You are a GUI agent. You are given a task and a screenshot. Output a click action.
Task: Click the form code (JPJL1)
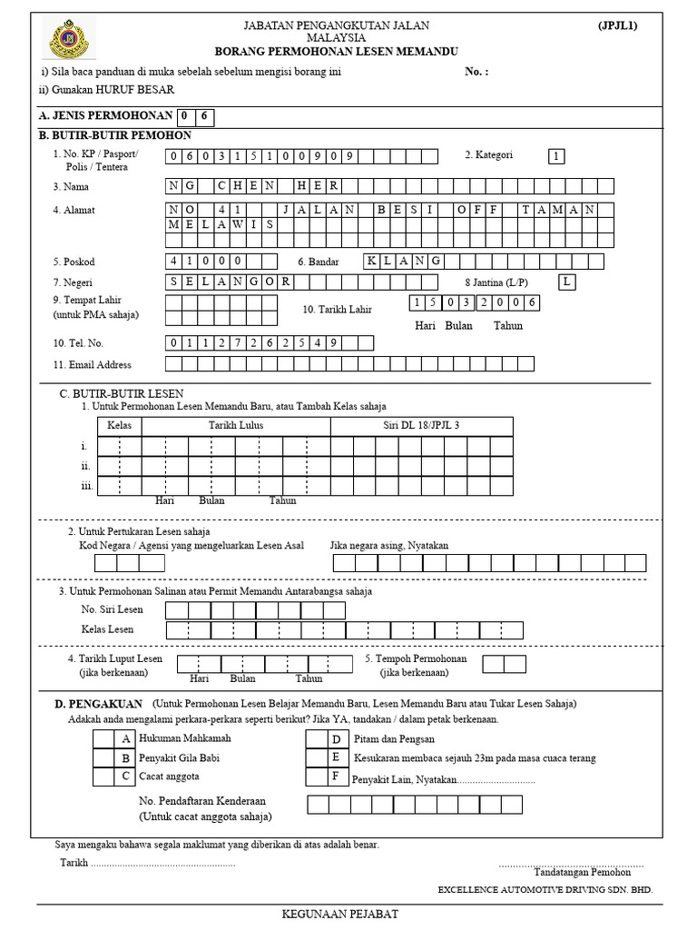click(x=617, y=25)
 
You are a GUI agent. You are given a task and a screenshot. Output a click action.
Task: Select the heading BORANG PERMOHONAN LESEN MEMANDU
click(x=336, y=53)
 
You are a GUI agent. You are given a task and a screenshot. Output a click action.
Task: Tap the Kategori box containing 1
click(x=555, y=156)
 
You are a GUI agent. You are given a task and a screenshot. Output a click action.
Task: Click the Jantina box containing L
click(x=567, y=282)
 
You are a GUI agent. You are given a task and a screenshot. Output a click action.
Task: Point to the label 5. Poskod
click(x=74, y=262)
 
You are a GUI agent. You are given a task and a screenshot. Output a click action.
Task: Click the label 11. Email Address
click(x=93, y=365)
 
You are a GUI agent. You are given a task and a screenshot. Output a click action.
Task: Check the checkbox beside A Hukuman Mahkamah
click(x=104, y=738)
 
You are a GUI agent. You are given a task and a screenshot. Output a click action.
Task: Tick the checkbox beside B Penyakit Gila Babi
click(x=104, y=757)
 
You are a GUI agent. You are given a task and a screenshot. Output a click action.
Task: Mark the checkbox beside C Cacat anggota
click(x=104, y=777)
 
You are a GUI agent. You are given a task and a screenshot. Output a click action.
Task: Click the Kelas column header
click(x=120, y=426)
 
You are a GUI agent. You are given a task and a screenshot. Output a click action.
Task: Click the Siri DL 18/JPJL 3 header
click(x=421, y=426)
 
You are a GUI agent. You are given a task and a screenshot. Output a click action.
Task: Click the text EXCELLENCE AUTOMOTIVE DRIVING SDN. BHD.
click(x=545, y=890)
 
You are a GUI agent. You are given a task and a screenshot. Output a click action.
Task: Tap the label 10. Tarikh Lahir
click(x=337, y=310)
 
